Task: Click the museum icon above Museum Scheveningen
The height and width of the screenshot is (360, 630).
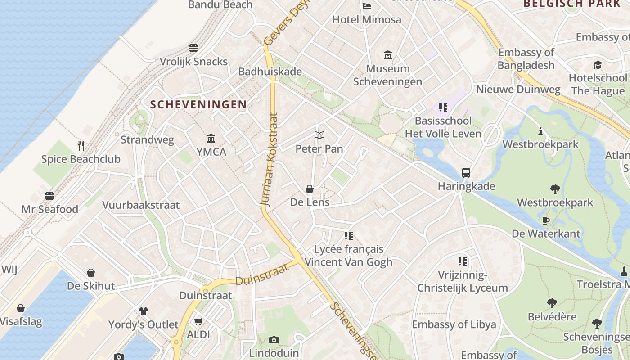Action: tap(387, 55)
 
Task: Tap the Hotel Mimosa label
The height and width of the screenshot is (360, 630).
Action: tap(366, 20)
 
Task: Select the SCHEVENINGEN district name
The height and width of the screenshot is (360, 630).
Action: tap(198, 105)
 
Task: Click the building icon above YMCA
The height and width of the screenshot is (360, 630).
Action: tap(211, 138)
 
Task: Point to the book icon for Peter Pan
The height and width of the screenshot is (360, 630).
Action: tap(319, 135)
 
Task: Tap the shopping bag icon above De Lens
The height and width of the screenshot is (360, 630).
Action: tap(310, 189)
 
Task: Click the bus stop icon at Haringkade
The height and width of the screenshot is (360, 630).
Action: tap(466, 173)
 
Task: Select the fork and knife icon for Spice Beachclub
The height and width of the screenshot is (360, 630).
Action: tap(81, 145)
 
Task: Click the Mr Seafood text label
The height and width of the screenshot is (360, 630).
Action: tap(50, 209)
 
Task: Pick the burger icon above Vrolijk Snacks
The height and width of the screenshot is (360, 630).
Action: tap(193, 48)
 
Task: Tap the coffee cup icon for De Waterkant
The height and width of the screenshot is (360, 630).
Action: tap(546, 220)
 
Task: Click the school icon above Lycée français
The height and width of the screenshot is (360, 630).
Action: tap(349, 235)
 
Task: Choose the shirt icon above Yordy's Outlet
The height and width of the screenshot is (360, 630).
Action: tap(144, 311)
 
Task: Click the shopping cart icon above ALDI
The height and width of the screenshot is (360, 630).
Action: tap(198, 321)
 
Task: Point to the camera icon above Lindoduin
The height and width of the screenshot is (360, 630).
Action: tap(274, 340)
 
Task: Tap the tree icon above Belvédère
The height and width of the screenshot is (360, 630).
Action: tap(552, 303)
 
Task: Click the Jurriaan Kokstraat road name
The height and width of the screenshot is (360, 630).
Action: tap(270, 160)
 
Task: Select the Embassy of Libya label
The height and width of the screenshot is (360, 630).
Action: tap(454, 324)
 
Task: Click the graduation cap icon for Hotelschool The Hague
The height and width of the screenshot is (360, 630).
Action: tap(597, 65)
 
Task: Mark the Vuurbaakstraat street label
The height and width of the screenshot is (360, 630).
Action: tap(141, 205)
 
